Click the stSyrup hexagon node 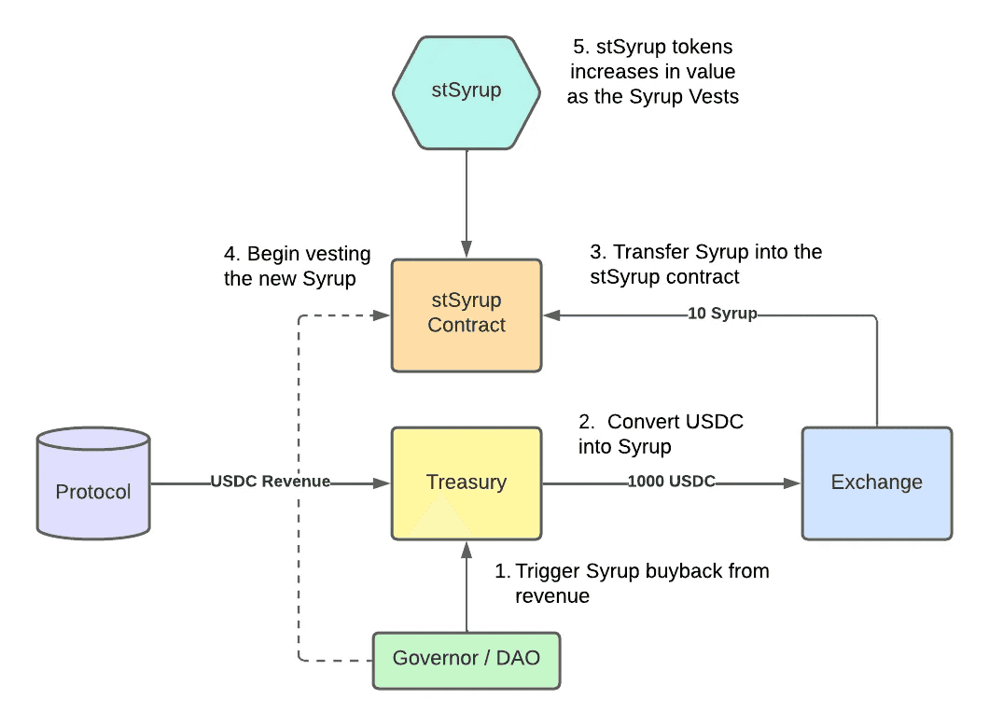[467, 91]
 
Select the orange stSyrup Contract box [467, 314]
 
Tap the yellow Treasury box [467, 482]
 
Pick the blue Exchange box [877, 482]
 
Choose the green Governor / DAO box [467, 659]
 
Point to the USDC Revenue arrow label [271, 482]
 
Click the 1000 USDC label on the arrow [672, 482]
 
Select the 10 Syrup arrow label [722, 314]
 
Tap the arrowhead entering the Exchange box [794, 482]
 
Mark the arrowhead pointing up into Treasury [466, 548]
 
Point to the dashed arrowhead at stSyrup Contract [382, 315]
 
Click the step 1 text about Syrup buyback [632, 583]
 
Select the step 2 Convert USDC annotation [662, 434]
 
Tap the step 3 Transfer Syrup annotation [706, 264]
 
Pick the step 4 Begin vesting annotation [298, 266]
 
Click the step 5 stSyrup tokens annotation [653, 71]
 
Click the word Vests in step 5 [714, 96]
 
